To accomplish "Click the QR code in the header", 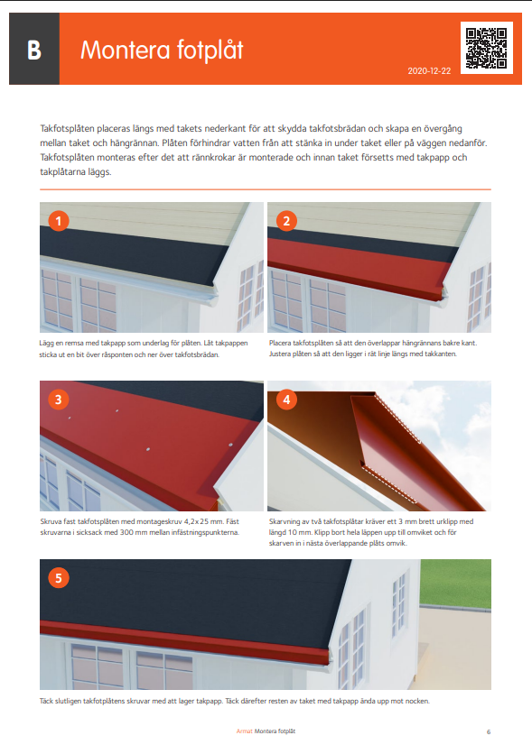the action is click(x=486, y=48).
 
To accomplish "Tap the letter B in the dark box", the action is click(x=34, y=50).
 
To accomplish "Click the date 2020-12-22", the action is click(x=429, y=71).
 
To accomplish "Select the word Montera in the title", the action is click(x=126, y=50).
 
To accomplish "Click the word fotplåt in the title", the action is click(x=210, y=50).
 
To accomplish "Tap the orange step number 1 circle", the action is click(x=59, y=221).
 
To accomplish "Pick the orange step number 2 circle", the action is click(x=286, y=221).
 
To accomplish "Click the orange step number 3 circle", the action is click(x=59, y=400).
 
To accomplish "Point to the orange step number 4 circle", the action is click(x=286, y=400).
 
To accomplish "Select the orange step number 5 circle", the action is click(x=59, y=578).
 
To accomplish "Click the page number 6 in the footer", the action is click(x=489, y=731).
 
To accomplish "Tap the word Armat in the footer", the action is click(x=244, y=731).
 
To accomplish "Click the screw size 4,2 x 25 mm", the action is click(x=203, y=521).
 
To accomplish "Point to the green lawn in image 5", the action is click(x=455, y=583).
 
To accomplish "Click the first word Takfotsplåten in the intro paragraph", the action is click(x=68, y=129).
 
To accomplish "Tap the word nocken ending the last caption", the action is click(x=416, y=701).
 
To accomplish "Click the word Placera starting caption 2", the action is click(x=280, y=344).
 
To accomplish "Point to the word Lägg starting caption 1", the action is click(x=47, y=344).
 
